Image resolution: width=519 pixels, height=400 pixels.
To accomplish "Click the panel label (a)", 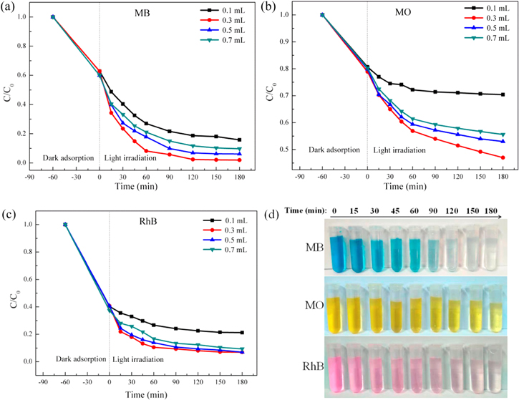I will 11,9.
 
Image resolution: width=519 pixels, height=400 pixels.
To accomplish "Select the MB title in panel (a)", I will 153,14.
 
